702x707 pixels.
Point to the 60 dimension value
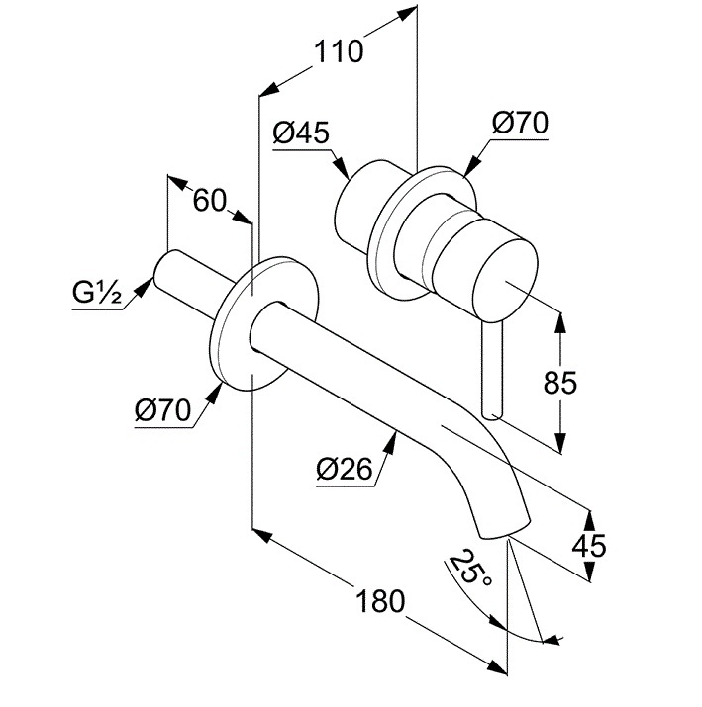pyautogui.click(x=209, y=200)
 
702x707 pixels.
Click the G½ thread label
pyautogui.click(x=97, y=294)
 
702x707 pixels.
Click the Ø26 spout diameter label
pyautogui.click(x=345, y=470)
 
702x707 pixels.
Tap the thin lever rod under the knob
pyautogui.click(x=491, y=366)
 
